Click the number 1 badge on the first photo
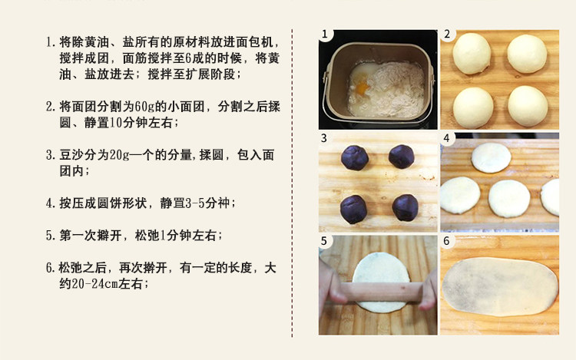point(325,35)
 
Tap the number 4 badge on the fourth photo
point(447,138)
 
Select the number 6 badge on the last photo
point(447,241)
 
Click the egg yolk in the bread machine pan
point(362,88)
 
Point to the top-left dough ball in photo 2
point(472,53)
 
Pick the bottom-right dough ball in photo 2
point(528,106)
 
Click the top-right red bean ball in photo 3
point(402,157)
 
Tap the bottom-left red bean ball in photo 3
point(353,210)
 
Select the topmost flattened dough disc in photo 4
point(492,158)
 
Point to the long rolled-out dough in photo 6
point(500,287)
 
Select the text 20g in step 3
point(119,155)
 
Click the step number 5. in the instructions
point(51,236)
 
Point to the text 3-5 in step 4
point(195,203)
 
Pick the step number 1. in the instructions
point(51,42)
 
